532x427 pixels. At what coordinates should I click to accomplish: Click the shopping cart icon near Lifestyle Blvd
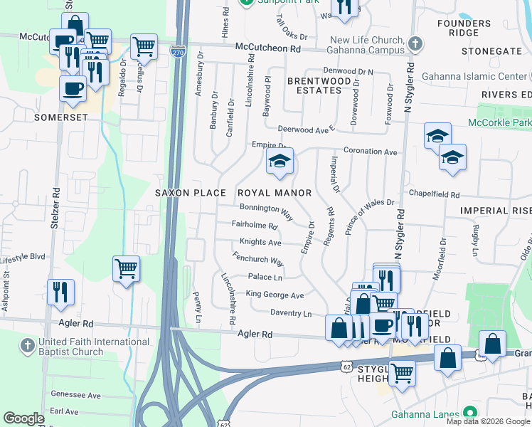126,269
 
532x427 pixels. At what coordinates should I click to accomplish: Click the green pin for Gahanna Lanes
468,413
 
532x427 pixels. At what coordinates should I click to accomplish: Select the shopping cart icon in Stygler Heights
402,371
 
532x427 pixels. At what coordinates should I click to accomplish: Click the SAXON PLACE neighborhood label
191,193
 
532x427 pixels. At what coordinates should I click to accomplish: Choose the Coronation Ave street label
370,152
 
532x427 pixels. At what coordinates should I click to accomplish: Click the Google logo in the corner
24,418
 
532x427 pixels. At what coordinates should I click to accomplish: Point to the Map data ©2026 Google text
488,421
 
